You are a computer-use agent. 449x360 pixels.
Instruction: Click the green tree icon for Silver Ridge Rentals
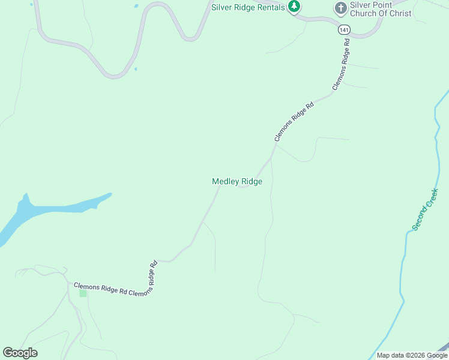click(294, 7)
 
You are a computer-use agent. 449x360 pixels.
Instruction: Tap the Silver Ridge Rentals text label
click(248, 7)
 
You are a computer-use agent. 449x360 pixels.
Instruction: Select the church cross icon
click(341, 8)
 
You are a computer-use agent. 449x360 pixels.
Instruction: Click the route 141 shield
click(343, 29)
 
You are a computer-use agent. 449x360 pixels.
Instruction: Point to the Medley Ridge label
click(237, 181)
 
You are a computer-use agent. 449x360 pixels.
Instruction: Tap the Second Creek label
click(426, 209)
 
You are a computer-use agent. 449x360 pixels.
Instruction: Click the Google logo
click(20, 353)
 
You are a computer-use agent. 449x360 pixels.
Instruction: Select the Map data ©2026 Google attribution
click(411, 355)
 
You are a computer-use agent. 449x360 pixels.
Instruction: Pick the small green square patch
click(83, 293)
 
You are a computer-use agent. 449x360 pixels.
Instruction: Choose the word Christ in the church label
click(400, 13)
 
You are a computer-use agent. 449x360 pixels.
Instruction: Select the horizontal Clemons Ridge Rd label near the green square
click(101, 289)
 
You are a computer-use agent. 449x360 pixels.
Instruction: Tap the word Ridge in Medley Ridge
click(252, 181)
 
